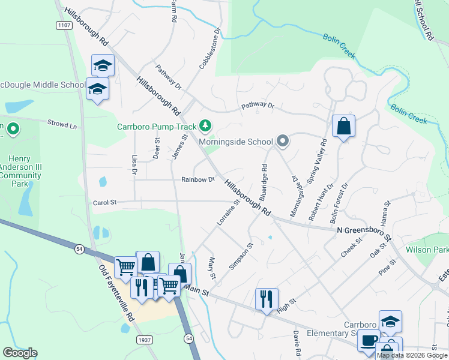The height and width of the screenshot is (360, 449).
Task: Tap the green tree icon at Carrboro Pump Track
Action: pos(206,125)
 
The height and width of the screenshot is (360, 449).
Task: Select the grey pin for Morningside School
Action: pos(283,142)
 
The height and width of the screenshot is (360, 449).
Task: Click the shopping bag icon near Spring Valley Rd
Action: pos(343,127)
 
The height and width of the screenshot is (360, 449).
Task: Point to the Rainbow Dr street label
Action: pos(198,179)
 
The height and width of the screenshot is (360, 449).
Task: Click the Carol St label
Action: pos(104,203)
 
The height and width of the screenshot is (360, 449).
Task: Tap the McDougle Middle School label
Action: pos(42,85)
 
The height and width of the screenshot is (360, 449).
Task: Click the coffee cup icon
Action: pos(369,340)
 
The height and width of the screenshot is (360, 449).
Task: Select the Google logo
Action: pos(20,353)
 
